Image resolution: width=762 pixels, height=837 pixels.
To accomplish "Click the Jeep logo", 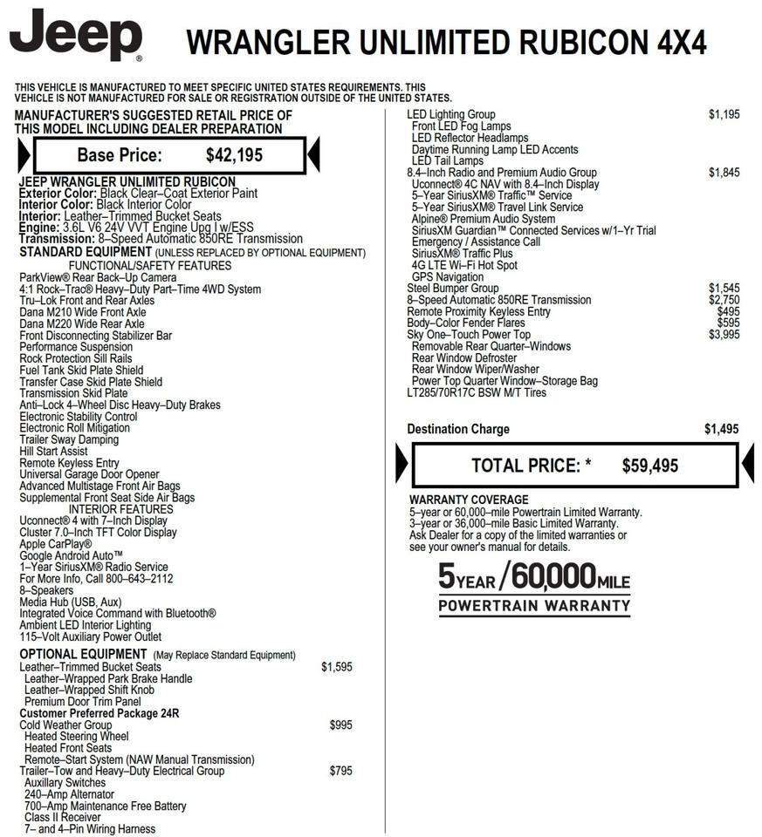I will tap(76, 36).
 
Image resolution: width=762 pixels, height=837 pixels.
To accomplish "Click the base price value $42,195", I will tap(234, 156).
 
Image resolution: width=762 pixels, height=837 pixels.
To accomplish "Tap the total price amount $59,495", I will tap(649, 466).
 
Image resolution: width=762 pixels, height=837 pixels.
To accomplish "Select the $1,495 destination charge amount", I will tap(721, 429).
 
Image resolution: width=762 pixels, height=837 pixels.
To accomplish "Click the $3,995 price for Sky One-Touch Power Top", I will tap(724, 335).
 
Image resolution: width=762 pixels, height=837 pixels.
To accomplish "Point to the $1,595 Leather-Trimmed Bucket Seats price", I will tap(336, 667).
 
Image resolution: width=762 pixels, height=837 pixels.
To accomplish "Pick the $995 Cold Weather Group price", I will tap(340, 725).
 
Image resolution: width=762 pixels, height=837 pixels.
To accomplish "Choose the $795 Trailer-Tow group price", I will tap(340, 771).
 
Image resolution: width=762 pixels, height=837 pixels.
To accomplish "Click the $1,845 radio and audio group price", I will tap(724, 173).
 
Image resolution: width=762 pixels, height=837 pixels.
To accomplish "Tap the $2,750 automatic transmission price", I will tap(724, 300).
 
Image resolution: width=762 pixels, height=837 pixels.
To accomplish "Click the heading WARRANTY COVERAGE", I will tap(469, 500).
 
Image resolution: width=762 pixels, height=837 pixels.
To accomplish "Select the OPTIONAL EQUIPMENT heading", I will tap(83, 655).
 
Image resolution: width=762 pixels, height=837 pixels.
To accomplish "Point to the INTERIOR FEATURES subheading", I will tap(120, 509).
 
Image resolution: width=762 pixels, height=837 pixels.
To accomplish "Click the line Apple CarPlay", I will tap(55, 544).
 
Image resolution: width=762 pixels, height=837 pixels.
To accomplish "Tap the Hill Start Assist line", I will tap(53, 452).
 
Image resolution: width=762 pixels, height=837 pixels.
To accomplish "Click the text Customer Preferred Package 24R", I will tap(99, 713).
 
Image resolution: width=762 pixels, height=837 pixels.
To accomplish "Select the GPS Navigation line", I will tap(447, 277).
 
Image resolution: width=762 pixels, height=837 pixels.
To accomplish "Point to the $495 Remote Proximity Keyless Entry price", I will tap(728, 312).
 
